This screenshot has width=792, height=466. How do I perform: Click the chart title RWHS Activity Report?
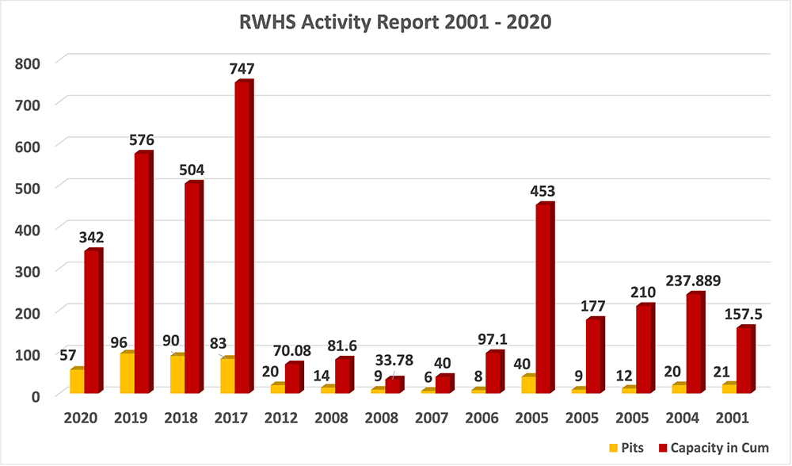click(395, 23)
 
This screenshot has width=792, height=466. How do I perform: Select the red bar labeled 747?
click(243, 237)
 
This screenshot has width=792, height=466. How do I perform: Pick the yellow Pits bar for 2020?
click(76, 380)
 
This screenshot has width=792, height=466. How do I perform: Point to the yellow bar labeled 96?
click(126, 372)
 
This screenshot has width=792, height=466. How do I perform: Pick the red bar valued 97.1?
click(493, 372)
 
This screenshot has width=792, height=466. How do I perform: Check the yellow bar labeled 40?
click(527, 384)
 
